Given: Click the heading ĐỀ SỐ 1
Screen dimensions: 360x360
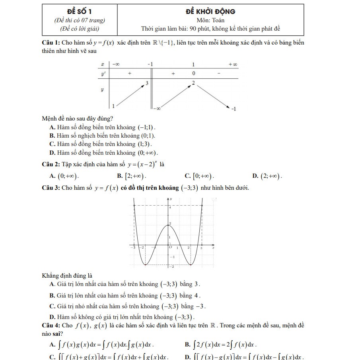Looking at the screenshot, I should pyautogui.click(x=79, y=12).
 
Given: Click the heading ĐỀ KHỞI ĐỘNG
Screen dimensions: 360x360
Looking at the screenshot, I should pyautogui.click(x=210, y=12).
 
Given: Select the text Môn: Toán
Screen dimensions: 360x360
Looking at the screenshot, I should pyautogui.click(x=210, y=20).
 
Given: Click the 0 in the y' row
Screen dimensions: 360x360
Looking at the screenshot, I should pyautogui.click(x=194, y=74).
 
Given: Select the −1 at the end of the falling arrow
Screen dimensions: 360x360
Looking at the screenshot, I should pyautogui.click(x=234, y=109).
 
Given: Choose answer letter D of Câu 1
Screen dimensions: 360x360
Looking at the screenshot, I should pyautogui.click(x=52, y=152).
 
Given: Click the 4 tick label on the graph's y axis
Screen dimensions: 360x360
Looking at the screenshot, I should pyautogui.click(x=170, y=207).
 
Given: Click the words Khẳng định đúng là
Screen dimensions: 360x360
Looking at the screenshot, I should pyautogui.click(x=67, y=275).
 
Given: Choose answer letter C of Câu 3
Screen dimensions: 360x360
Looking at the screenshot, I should pyautogui.click(x=52, y=306).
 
